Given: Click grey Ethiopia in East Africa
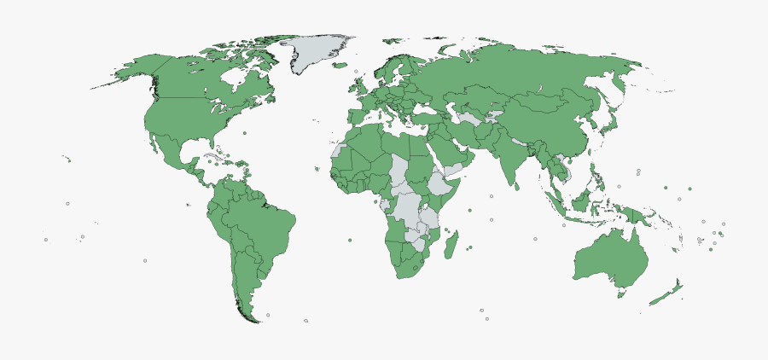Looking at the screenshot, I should click(438, 183).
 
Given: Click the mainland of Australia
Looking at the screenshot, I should click(610, 256).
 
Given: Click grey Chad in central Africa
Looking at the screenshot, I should click(399, 170).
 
